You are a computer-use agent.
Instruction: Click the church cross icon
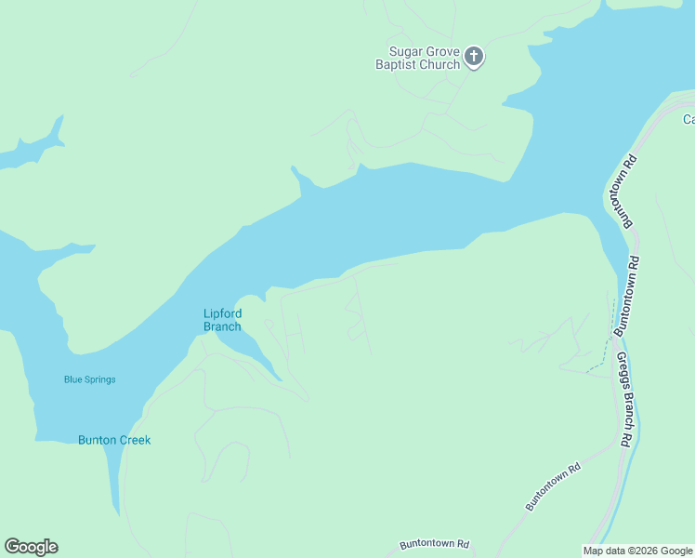pos(474,58)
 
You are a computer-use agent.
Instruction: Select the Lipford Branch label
pos(222,320)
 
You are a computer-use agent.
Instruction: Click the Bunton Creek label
pos(114,440)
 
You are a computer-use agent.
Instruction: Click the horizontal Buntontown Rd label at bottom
pos(435,544)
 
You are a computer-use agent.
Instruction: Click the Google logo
pos(31,547)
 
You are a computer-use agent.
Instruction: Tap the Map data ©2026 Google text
pos(638,551)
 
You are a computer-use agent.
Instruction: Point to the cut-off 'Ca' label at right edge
pos(688,119)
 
